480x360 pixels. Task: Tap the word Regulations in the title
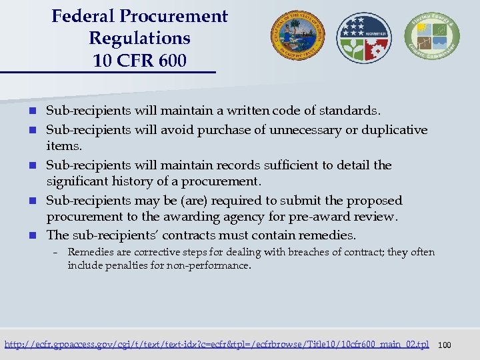pyautogui.click(x=139, y=39)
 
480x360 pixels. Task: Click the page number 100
pyautogui.click(x=445, y=345)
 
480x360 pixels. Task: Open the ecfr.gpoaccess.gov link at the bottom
pyautogui.click(x=217, y=345)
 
